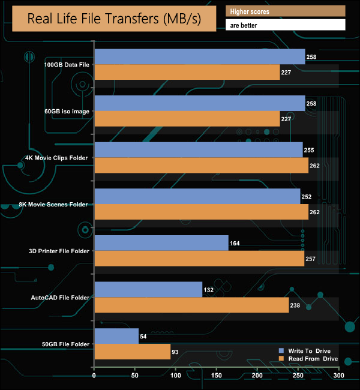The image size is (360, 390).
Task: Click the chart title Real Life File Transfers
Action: (x=114, y=19)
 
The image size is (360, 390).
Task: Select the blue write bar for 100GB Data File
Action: (x=200, y=57)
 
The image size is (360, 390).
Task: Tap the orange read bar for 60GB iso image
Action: (x=187, y=119)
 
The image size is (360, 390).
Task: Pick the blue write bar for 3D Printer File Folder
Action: (x=161, y=243)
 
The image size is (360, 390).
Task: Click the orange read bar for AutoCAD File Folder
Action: (x=191, y=305)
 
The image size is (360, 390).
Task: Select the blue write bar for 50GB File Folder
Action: (x=116, y=336)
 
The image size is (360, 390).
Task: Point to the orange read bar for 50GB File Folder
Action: (x=132, y=352)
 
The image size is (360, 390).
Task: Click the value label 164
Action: (x=236, y=244)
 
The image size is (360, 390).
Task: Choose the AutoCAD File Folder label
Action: (x=60, y=297)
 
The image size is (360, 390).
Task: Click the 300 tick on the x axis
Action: (x=339, y=376)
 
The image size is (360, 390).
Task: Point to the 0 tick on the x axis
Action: (x=94, y=376)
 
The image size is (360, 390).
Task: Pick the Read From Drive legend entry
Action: (x=308, y=359)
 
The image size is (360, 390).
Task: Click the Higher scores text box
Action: (x=285, y=11)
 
